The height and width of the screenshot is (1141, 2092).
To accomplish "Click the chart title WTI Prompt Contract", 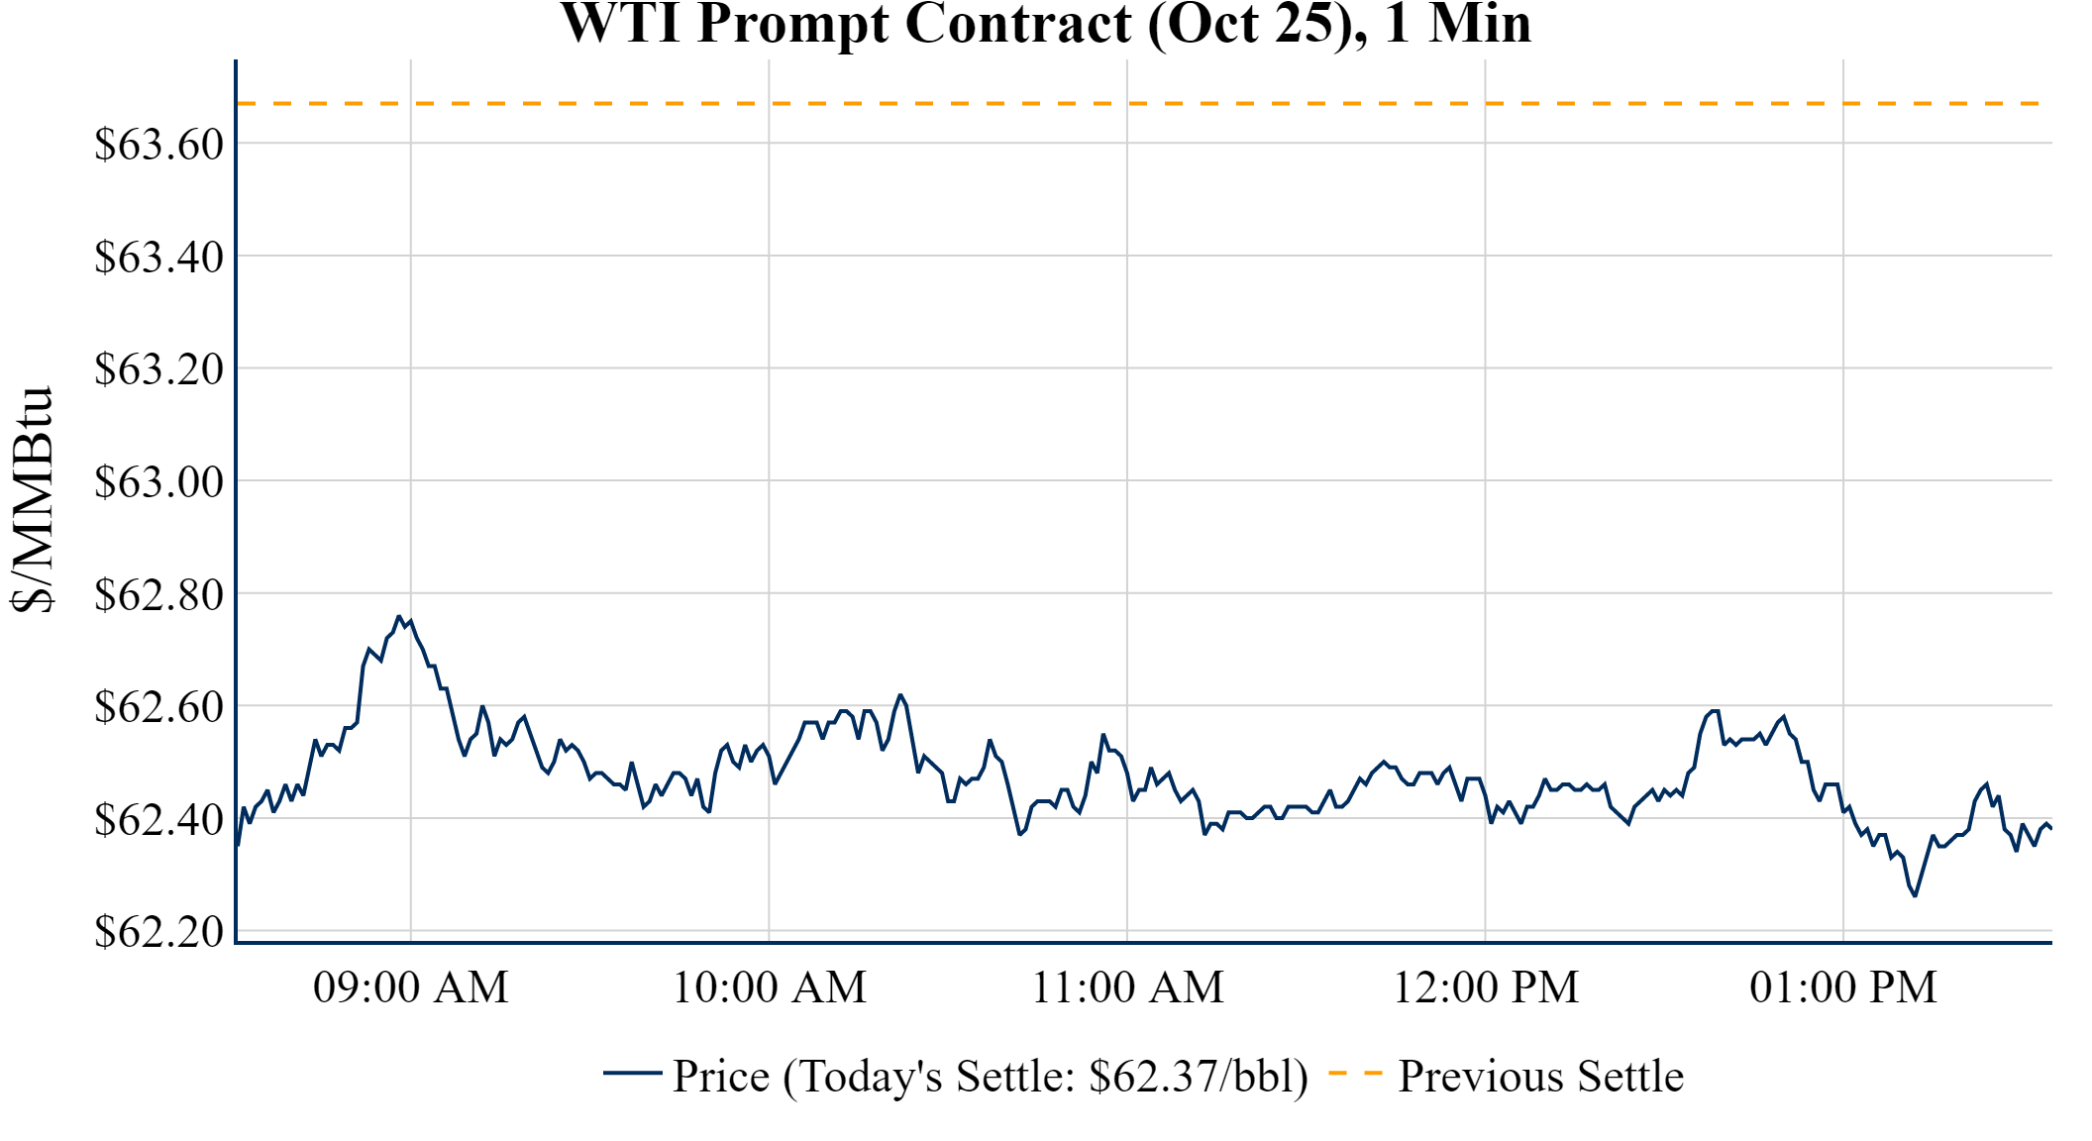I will click(1046, 24).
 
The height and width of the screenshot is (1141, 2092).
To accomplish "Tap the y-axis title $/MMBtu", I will click(32, 500).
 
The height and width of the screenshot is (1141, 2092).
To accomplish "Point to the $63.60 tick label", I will click(158, 145).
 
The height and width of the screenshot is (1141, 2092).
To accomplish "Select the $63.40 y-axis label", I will click(158, 258).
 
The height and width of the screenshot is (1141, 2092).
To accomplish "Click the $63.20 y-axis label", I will click(158, 369).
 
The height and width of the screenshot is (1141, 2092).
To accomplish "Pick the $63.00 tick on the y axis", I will click(158, 482).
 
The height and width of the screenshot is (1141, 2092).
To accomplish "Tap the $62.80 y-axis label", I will click(158, 595).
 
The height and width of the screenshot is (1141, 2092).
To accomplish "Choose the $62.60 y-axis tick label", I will click(158, 707).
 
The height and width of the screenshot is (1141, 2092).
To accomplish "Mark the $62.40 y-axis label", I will click(158, 820).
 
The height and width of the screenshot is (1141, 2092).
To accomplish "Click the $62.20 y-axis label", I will click(158, 932).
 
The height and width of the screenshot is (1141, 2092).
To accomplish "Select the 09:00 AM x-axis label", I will click(411, 987).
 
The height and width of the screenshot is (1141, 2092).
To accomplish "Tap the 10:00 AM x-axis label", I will click(770, 987).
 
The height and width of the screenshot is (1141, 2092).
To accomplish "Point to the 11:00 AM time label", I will click(1128, 987).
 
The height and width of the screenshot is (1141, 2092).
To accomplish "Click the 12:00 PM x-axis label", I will click(1486, 987).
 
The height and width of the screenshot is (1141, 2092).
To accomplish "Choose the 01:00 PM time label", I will click(1843, 987).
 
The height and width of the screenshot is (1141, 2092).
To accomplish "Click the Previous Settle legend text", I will click(1540, 1077).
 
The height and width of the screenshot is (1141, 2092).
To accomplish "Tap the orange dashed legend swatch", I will click(1355, 1074).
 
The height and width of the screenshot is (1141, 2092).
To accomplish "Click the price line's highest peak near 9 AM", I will click(399, 616).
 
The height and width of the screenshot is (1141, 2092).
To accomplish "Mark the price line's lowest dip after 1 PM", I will click(1915, 895).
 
